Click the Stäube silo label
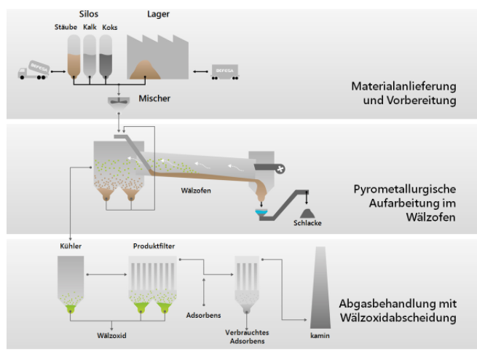pyautogui.click(x=65, y=27)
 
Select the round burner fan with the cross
pyautogui.click(x=279, y=168)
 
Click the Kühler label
pyautogui.click(x=71, y=246)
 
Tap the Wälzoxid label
pyautogui.click(x=111, y=335)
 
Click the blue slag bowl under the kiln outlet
pyautogui.click(x=256, y=211)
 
